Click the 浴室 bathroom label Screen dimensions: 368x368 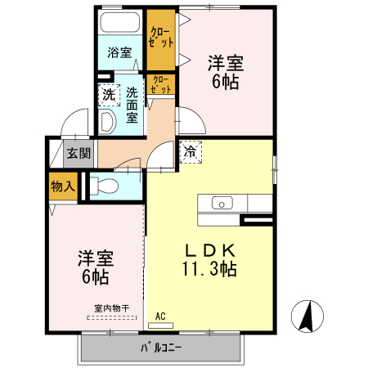point(119,53)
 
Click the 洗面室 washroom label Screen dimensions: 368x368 point(132,105)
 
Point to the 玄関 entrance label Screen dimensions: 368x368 point(79,153)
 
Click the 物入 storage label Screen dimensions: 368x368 point(63,186)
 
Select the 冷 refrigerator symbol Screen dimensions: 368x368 point(191,151)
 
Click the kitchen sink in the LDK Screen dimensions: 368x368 point(222,203)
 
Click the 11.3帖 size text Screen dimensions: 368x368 point(210,268)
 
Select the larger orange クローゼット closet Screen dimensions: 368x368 point(161,38)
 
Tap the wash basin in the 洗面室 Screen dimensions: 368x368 point(107,122)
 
